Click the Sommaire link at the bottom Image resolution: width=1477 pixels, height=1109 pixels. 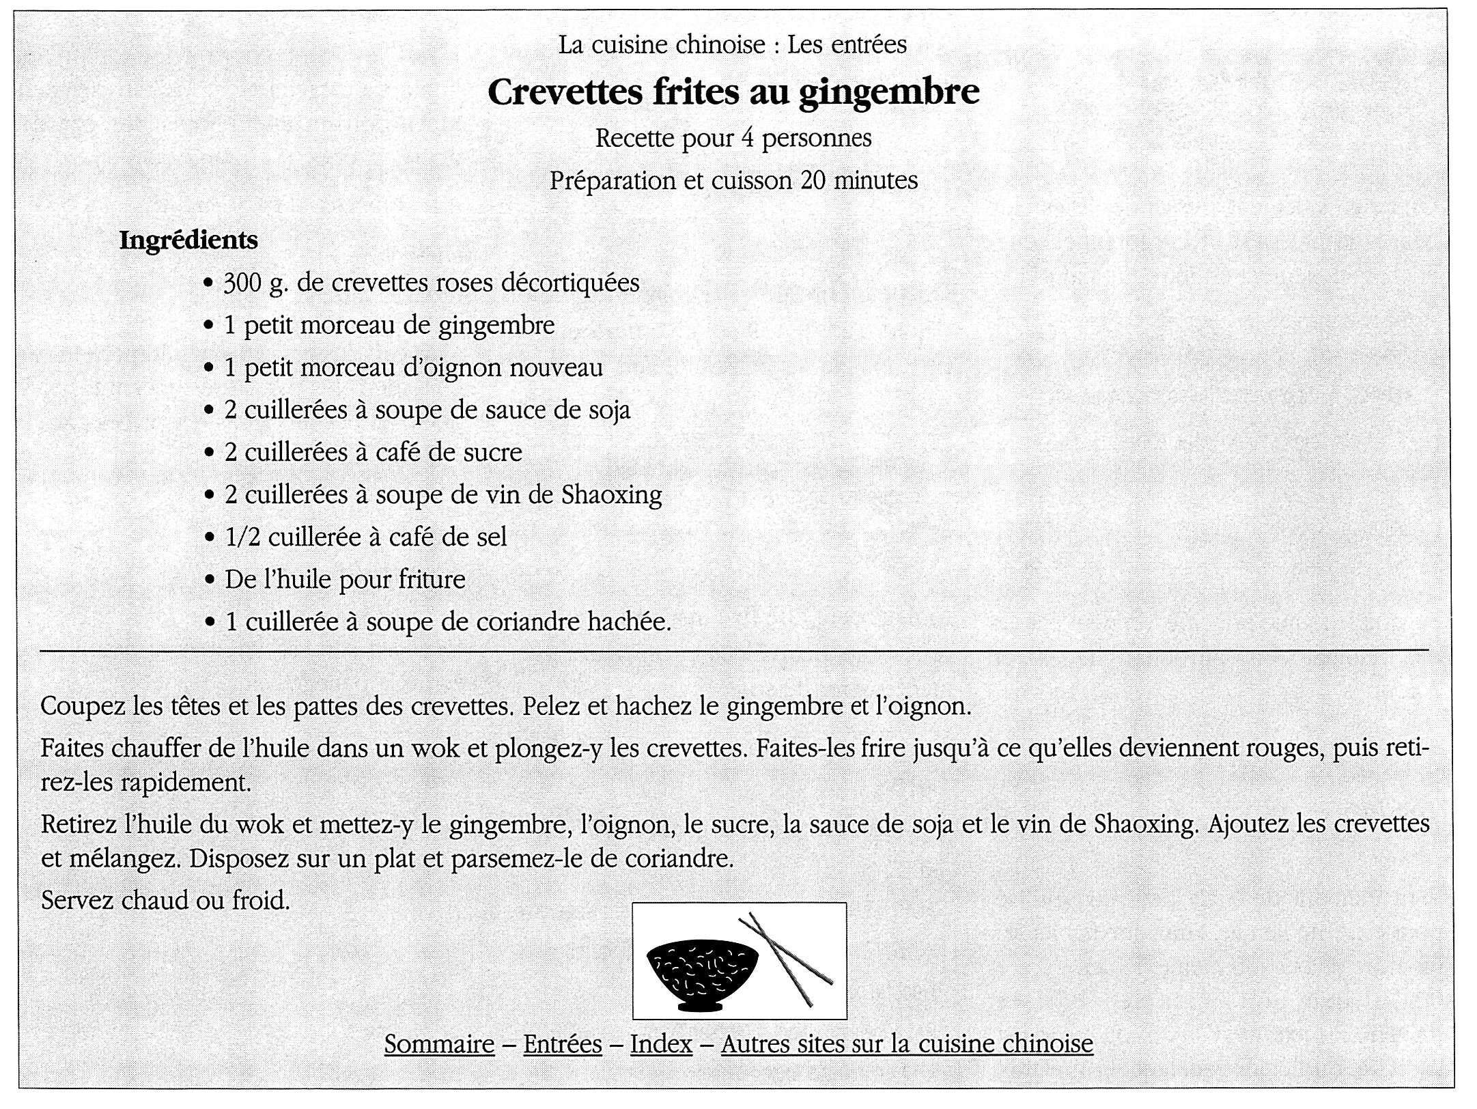(439, 1043)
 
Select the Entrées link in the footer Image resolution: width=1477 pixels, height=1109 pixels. (563, 1043)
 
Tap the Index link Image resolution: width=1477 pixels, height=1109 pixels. (661, 1043)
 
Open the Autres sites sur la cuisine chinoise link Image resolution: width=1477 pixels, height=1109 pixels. (907, 1043)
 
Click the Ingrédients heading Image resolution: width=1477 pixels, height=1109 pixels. (188, 240)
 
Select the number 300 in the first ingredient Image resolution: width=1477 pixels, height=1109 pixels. (243, 283)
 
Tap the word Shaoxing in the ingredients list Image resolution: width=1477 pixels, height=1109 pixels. (611, 494)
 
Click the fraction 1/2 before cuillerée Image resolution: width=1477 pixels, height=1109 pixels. (242, 537)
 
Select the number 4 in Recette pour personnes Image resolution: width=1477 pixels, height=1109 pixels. (748, 138)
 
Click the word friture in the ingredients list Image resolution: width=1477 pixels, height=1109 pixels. (432, 579)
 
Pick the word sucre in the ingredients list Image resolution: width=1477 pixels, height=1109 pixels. (494, 452)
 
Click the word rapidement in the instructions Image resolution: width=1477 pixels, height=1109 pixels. (186, 782)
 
